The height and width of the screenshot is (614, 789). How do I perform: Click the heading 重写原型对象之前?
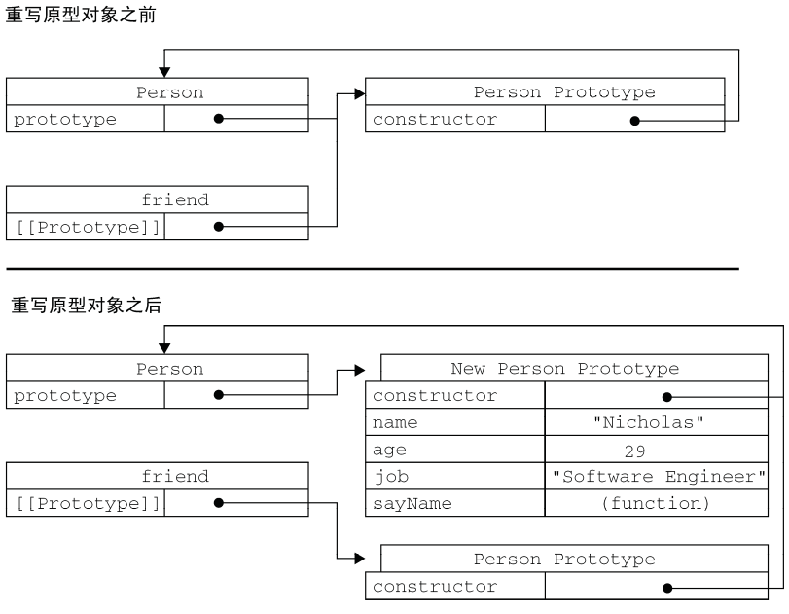pyautogui.click(x=80, y=18)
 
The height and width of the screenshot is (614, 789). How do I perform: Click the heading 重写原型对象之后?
pyautogui.click(x=86, y=305)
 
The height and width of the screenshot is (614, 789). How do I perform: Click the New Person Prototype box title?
pyautogui.click(x=564, y=369)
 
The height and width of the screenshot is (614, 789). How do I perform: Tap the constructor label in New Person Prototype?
pyautogui.click(x=434, y=396)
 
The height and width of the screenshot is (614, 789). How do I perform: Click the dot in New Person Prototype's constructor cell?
pyautogui.click(x=666, y=397)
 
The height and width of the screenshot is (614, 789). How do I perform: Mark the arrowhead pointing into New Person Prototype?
pyautogui.click(x=359, y=370)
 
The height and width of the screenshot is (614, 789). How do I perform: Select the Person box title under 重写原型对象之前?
pyautogui.click(x=169, y=93)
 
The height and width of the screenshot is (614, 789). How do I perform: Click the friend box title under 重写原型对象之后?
pyautogui.click(x=175, y=477)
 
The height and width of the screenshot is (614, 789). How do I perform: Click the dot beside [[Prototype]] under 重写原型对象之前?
pyautogui.click(x=219, y=227)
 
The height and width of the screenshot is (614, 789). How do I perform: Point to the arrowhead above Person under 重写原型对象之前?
pyautogui.click(x=164, y=72)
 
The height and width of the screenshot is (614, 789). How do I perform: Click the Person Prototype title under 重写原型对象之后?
pyautogui.click(x=564, y=560)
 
